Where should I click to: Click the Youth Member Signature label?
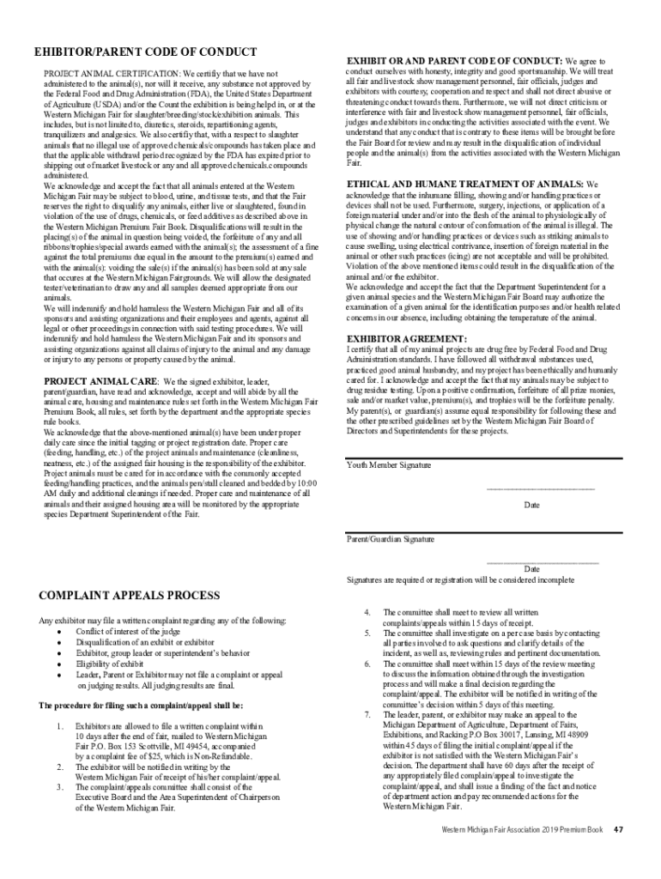coord(389,465)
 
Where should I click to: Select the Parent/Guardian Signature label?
coord(391,539)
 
